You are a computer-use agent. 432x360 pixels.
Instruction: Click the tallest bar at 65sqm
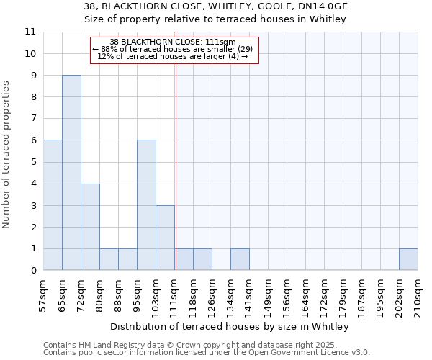[71, 173]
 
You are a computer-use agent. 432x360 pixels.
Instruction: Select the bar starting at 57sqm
[53, 205]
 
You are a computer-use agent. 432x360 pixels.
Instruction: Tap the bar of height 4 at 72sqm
[90, 227]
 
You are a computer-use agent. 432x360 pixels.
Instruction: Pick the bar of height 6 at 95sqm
[146, 205]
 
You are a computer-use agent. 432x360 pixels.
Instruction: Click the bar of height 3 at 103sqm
[165, 238]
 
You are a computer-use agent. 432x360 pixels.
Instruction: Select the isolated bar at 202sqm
[408, 259]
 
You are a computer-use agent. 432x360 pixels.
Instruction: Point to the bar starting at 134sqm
[240, 259]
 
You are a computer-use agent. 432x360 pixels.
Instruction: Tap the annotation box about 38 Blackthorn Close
[174, 50]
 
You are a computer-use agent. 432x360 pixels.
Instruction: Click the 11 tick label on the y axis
[30, 32]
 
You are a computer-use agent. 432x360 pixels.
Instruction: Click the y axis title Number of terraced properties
[7, 155]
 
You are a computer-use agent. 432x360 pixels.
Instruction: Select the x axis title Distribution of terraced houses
[230, 326]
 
